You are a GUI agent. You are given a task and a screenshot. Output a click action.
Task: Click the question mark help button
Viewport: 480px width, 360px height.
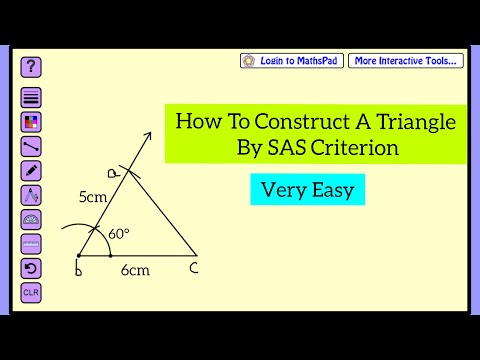pos(32,67)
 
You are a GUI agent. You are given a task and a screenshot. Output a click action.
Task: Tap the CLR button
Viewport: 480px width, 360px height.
pos(31,293)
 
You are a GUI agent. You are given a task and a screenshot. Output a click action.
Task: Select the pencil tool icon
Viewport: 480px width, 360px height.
pos(31,171)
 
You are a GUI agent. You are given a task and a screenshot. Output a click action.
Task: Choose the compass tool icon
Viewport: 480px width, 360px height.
pos(31,195)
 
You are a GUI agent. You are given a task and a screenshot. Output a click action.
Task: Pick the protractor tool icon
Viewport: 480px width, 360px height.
pos(31,219)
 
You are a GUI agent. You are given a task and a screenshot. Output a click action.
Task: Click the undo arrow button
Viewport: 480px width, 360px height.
pos(31,268)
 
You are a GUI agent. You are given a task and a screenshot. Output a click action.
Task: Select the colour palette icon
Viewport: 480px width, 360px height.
pos(31,122)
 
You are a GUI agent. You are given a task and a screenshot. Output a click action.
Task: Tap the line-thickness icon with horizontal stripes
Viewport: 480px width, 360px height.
pos(31,98)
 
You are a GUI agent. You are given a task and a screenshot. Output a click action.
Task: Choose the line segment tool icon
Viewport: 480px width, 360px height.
pos(31,147)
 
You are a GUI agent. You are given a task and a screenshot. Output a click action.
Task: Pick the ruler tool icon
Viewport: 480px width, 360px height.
pos(31,243)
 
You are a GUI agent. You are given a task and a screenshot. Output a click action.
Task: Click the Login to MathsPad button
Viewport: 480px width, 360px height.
pos(292,61)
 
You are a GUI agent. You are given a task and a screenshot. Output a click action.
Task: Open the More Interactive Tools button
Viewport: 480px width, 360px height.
pos(406,61)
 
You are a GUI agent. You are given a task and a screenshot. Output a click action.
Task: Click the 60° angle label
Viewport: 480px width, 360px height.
pos(119,234)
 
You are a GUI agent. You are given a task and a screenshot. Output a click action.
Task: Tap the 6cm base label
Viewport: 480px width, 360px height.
pos(135,271)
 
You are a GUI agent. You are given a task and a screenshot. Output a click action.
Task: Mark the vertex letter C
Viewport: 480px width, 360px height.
pos(193,268)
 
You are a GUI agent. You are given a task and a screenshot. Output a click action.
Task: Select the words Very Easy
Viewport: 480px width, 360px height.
pos(307,189)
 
